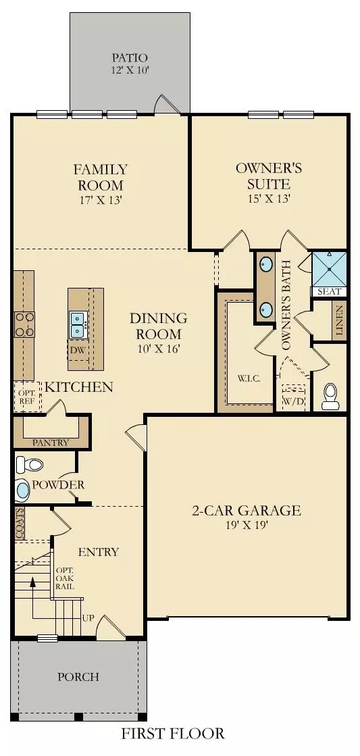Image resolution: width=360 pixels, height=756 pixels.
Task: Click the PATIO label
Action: click(130, 58)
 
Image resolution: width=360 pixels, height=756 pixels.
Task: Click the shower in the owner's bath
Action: click(329, 269)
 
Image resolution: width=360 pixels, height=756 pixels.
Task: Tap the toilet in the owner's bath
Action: click(330, 397)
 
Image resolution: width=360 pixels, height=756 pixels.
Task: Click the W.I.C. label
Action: click(245, 377)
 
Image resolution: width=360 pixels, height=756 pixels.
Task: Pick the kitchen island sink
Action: click(77, 324)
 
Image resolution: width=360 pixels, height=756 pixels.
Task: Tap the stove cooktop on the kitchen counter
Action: click(24, 324)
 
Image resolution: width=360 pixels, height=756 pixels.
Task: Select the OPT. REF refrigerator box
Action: click(26, 396)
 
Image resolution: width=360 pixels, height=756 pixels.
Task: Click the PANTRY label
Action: click(51, 443)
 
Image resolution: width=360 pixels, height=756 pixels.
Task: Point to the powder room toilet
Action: click(28, 464)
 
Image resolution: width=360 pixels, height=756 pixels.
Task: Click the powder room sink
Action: click(23, 490)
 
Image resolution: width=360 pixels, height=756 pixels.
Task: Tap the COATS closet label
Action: click(20, 523)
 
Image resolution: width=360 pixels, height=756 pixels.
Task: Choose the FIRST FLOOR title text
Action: click(173, 733)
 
